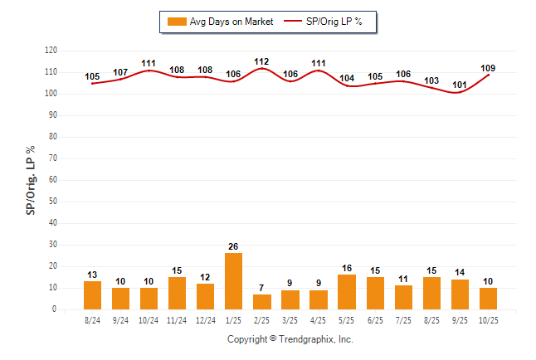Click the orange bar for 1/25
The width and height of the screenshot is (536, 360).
(234, 281)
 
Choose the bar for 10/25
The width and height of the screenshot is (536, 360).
(489, 299)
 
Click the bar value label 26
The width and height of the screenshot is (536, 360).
(234, 246)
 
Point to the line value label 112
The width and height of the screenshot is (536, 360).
(262, 61)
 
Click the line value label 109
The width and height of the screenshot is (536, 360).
(489, 67)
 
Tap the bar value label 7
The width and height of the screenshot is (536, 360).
(262, 287)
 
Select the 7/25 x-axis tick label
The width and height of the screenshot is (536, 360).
(404, 319)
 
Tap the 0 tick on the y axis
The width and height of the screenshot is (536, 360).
(56, 309)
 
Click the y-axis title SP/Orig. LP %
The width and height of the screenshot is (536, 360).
(31, 180)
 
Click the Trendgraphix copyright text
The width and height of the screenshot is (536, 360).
(290, 339)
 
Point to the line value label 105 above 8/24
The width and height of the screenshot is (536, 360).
(92, 77)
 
